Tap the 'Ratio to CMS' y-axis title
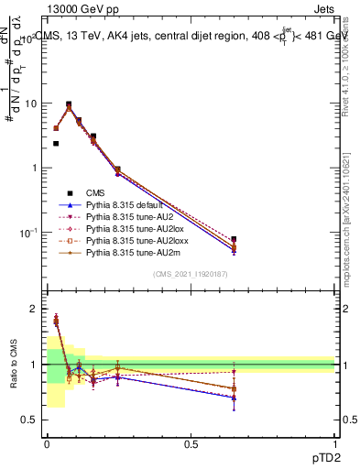tap(13, 365)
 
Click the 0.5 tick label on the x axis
tap(191, 444)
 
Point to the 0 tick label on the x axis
tap(47, 444)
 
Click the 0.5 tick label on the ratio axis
tap(28, 420)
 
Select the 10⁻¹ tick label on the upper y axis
tap(27, 234)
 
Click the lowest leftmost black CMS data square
tap(56, 144)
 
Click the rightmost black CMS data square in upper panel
tap(234, 239)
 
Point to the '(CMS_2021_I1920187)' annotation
tap(191, 274)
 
